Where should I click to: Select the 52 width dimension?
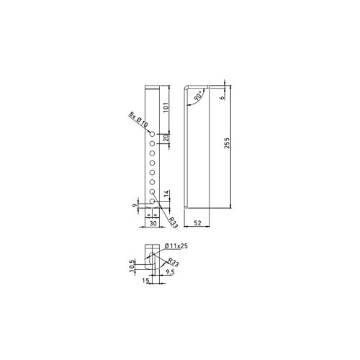tap(197, 224)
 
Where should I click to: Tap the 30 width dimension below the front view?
tap(152, 224)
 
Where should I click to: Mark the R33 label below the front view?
tap(173, 220)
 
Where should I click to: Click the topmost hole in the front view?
tap(152, 135)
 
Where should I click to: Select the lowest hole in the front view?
tap(152, 202)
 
